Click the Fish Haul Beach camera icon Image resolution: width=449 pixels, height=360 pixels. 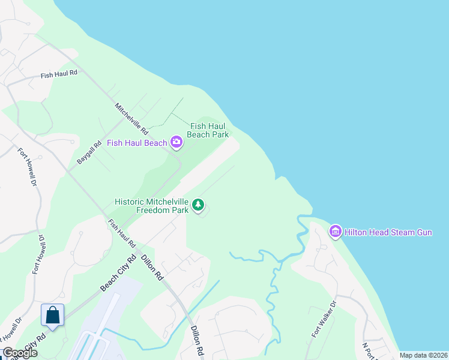(176, 142)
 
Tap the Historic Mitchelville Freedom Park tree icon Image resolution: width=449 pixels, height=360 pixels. (198, 206)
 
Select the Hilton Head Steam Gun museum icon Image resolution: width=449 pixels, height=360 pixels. (335, 231)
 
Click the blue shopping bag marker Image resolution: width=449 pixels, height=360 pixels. (52, 315)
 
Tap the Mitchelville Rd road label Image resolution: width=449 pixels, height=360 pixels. (131, 118)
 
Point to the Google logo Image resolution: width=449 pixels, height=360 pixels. (20, 353)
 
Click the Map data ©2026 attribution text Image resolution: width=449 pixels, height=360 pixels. (423, 355)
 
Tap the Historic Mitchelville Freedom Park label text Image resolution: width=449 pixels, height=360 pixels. (152, 206)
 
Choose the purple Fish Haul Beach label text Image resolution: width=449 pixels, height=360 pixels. (137, 143)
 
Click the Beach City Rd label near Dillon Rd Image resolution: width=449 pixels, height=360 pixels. (118, 274)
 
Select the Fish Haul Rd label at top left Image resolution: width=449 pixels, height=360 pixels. (59, 74)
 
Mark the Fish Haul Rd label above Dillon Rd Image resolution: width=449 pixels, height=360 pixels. (121, 233)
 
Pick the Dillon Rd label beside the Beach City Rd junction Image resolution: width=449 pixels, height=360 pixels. (152, 266)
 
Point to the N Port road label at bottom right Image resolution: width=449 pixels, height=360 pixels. (369, 351)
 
